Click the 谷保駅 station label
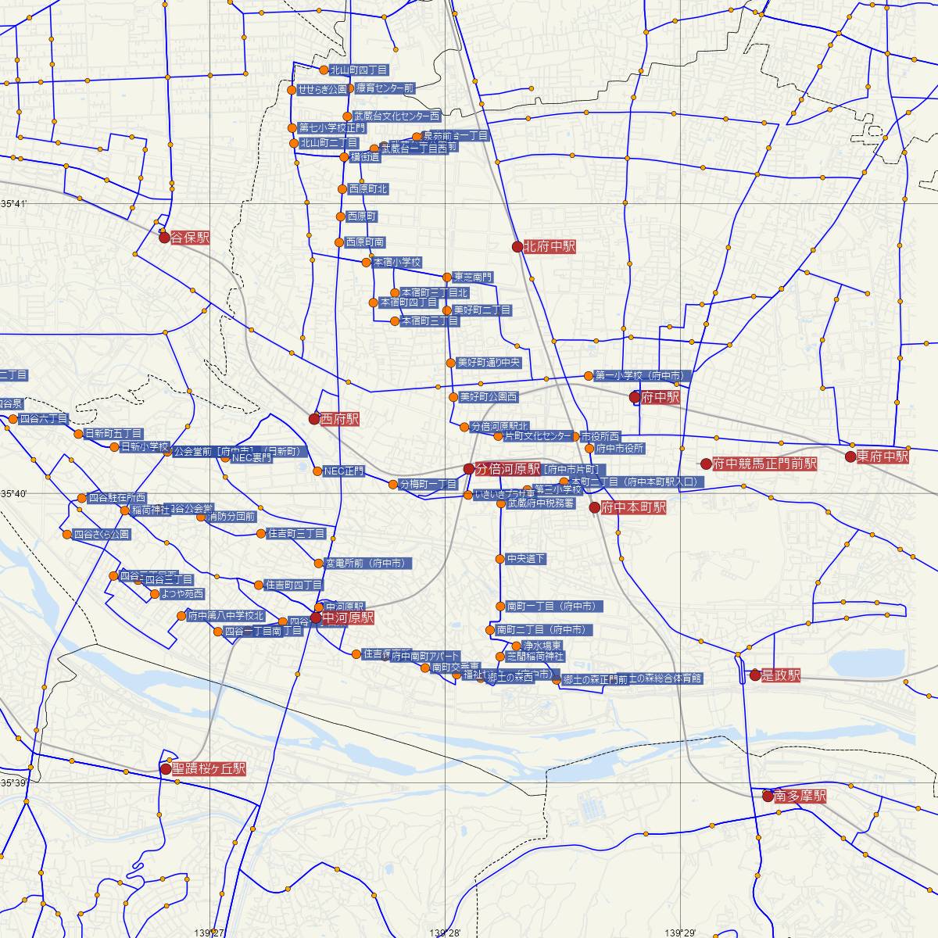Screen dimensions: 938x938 pos(190,238)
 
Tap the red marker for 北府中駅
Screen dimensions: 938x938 pos(517,247)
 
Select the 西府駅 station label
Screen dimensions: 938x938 pos(340,419)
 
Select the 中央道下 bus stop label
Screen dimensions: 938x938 pos(526,559)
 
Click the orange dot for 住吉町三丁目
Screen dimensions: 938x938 pos(261,534)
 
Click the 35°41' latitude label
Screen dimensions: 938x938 pos(13,204)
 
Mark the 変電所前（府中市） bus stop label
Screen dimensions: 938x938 pos(363,563)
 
